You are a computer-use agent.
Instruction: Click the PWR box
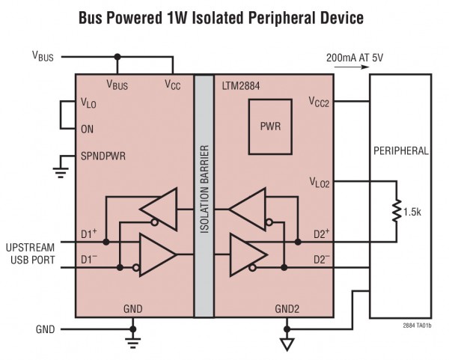[271, 126]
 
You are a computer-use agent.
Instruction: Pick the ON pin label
[87, 129]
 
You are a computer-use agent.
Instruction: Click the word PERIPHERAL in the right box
[400, 150]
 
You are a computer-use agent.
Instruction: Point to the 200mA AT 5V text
[354, 56]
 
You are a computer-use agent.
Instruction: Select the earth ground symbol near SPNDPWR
[61, 171]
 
